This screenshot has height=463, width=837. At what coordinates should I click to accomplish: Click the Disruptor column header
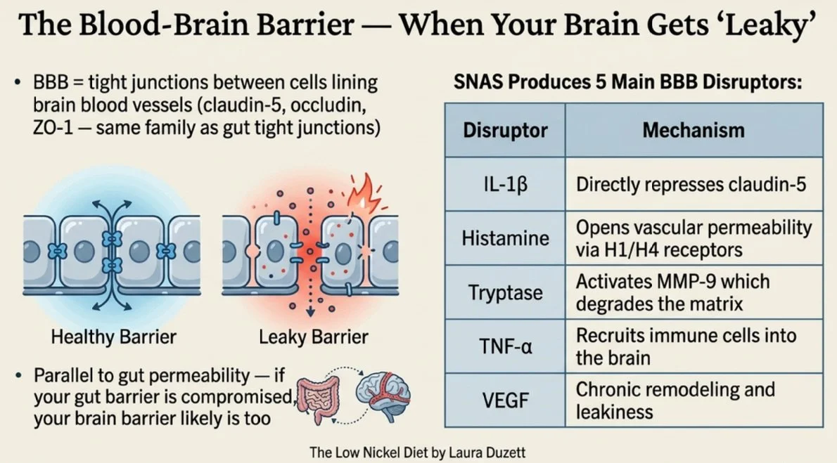click(x=505, y=131)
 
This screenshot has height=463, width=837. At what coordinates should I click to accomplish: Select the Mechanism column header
click(x=693, y=131)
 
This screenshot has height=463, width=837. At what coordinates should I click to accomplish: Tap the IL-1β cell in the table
click(x=505, y=185)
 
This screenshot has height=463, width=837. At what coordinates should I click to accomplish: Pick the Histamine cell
click(x=505, y=238)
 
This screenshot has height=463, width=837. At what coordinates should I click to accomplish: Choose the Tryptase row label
click(x=505, y=292)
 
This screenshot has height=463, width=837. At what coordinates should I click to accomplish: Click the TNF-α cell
click(x=505, y=346)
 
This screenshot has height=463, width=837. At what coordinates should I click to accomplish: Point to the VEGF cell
click(x=505, y=400)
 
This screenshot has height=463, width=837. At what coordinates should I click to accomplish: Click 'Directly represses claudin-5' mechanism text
click(x=691, y=185)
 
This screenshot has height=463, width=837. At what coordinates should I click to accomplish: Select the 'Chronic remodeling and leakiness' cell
click(x=675, y=400)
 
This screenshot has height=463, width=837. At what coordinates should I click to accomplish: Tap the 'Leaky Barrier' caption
click(x=314, y=337)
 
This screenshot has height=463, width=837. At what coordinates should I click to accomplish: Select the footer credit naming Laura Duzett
click(x=418, y=452)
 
